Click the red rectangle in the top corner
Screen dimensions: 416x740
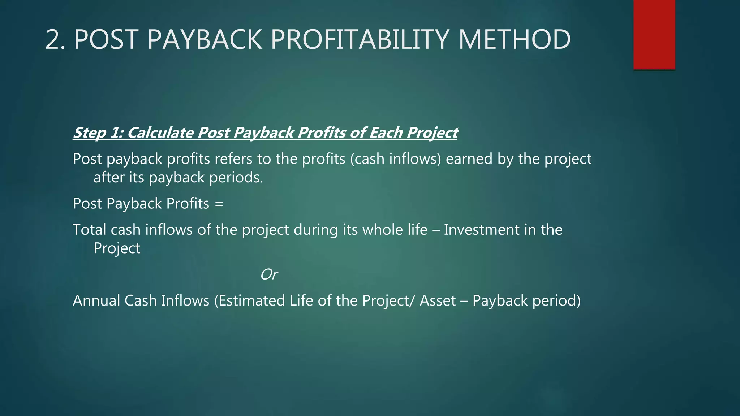[654, 34]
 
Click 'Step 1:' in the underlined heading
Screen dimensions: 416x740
[98, 133]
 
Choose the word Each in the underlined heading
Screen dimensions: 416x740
[386, 133]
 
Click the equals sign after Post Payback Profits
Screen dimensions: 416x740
[219, 204]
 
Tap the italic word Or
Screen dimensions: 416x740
[269, 274]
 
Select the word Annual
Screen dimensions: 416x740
[96, 300]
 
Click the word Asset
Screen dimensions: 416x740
[438, 300]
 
